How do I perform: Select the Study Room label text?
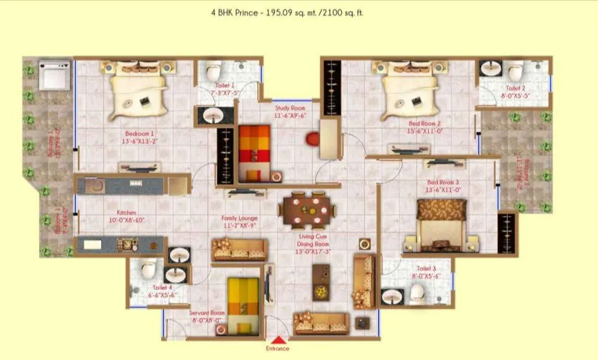[289, 112]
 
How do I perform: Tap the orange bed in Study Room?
[252, 153]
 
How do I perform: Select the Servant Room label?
[207, 316]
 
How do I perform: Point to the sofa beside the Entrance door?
[321, 322]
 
